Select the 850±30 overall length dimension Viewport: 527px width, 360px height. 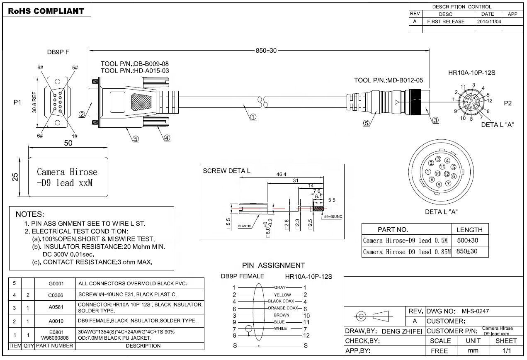coord(266,50)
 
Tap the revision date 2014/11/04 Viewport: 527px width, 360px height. coord(489,22)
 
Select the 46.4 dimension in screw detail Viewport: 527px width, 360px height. coord(281,174)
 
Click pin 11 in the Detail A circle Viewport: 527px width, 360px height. coord(442,166)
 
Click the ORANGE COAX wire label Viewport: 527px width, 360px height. coord(283,308)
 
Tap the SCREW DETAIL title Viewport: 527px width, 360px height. coord(226,170)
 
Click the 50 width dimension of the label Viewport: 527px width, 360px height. coord(68,143)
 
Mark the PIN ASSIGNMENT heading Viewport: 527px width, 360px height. coord(273,265)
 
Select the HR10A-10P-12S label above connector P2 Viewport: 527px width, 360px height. coord(471,73)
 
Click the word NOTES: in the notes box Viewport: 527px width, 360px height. coord(29,214)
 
